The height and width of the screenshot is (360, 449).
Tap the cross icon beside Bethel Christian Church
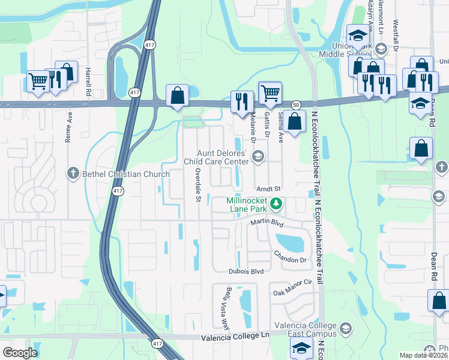[73, 174]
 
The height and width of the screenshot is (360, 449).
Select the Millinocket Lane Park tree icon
[276, 204]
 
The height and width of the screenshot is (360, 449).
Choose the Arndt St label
[269, 189]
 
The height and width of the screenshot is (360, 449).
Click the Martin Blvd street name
[267, 223]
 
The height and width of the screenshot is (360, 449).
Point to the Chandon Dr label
[290, 259]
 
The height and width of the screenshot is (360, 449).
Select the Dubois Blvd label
[246, 271]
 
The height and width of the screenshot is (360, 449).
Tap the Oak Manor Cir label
[294, 292]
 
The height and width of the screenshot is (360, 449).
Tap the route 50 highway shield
[296, 104]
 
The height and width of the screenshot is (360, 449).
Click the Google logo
[20, 353]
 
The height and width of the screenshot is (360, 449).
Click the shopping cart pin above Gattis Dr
[270, 93]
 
